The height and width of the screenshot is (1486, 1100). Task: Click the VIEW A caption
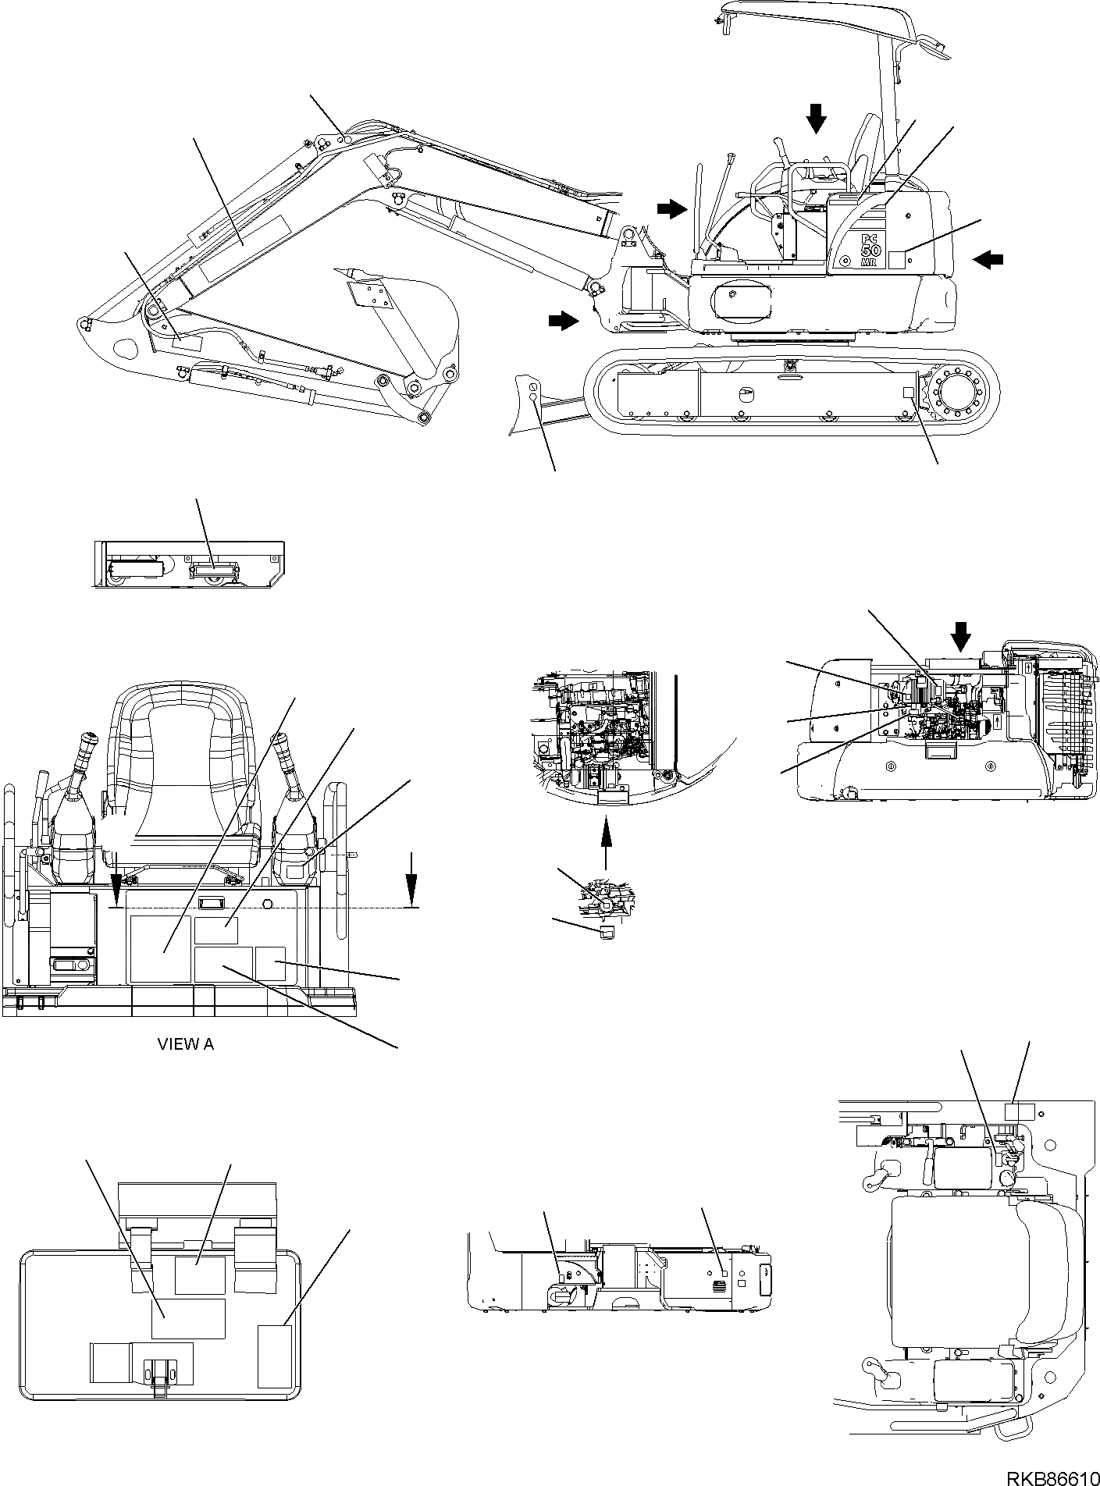(186, 1043)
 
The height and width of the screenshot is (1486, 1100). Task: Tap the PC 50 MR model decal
(860, 250)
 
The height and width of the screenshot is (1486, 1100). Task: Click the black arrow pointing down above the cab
(816, 119)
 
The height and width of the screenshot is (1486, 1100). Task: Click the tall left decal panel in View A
(159, 948)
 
